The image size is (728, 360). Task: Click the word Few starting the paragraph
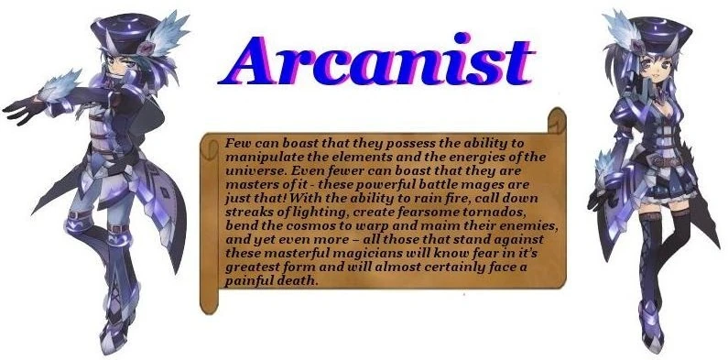pyautogui.click(x=237, y=144)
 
